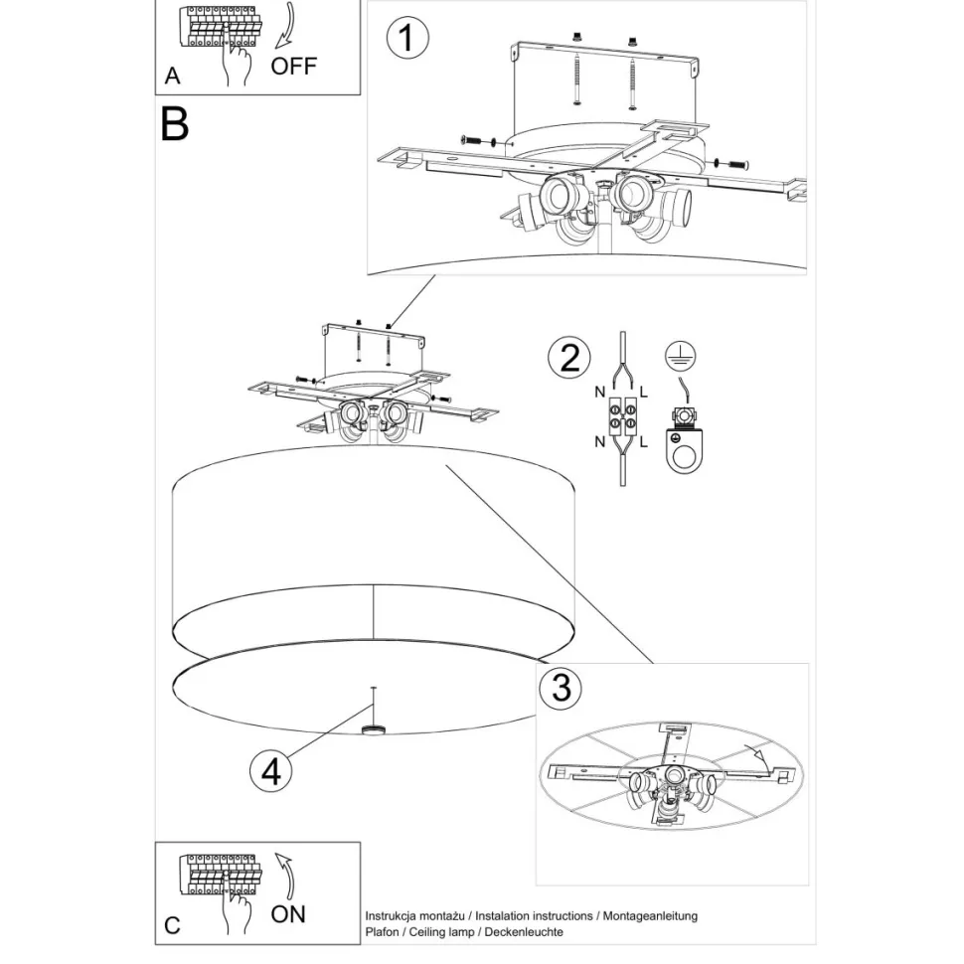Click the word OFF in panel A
click(294, 67)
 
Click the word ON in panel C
click(288, 912)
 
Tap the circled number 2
click(568, 358)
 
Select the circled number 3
click(562, 687)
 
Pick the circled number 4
click(271, 771)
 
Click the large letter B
click(174, 124)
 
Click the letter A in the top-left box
click(173, 77)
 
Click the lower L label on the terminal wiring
click(644, 441)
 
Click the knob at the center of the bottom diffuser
click(374, 731)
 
